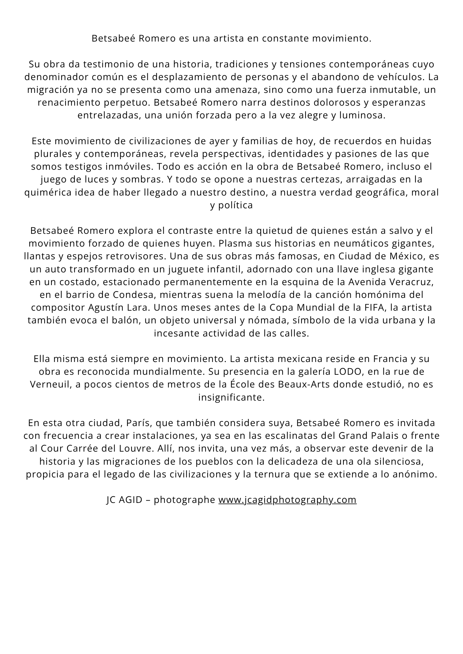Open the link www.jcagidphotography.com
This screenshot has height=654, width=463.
287,500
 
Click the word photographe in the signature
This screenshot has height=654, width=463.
184,500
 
